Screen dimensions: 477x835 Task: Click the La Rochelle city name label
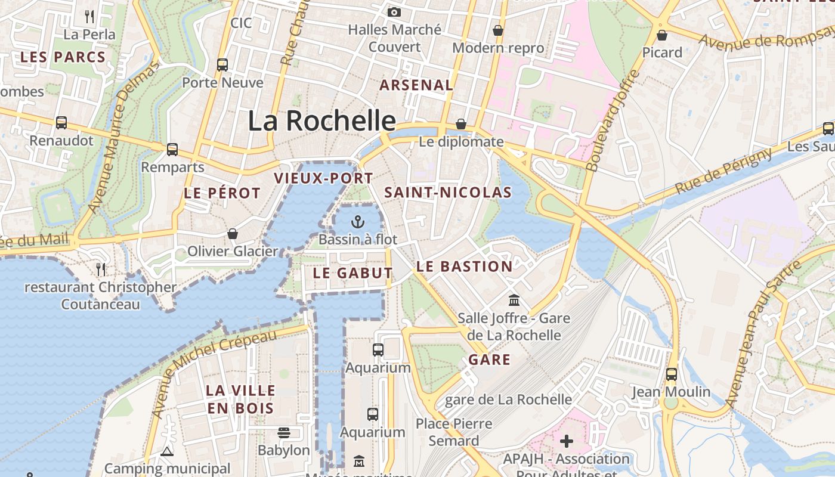321,121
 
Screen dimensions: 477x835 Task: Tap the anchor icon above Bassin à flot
357,222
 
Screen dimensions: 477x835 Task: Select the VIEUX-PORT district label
323,178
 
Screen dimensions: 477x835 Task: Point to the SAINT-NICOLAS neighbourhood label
448,192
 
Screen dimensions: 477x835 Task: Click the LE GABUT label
353,273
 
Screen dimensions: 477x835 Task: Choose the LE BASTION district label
464,267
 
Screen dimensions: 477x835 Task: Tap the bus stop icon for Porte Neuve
222,64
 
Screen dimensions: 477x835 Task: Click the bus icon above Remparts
172,149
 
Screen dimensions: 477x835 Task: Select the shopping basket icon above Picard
661,35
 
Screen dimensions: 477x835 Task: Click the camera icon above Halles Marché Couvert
394,12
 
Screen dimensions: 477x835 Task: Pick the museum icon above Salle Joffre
514,300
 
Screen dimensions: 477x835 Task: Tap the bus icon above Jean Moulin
672,374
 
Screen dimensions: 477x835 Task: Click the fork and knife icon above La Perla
89,16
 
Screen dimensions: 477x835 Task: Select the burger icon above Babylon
284,432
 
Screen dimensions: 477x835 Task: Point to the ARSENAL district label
416,85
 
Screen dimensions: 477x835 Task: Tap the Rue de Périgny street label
723,171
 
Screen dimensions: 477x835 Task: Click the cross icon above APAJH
567,441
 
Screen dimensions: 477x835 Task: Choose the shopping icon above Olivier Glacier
233,234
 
